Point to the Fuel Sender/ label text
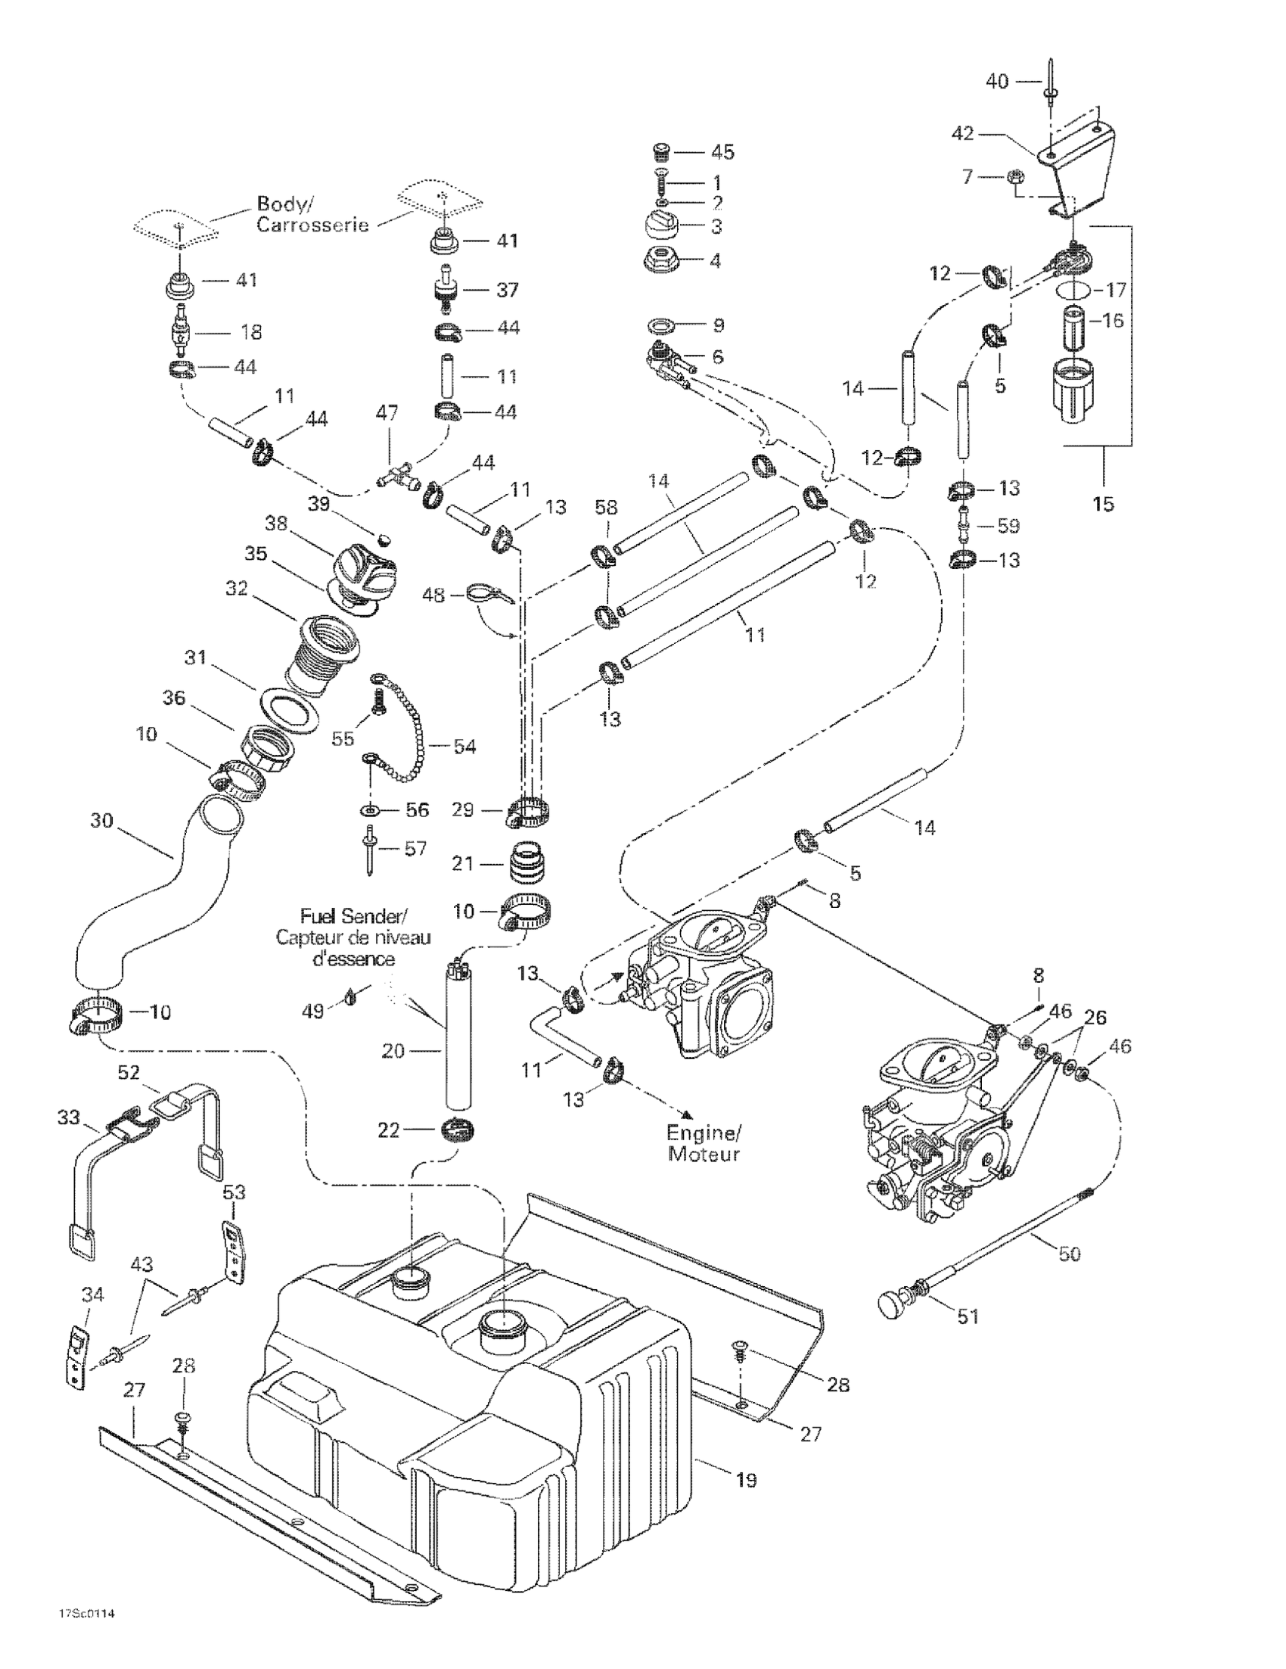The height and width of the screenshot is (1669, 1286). click(354, 915)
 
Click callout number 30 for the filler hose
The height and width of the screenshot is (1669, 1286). click(101, 821)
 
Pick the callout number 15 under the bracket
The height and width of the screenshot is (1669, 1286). click(1104, 504)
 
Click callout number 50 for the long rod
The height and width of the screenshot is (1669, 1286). click(1069, 1254)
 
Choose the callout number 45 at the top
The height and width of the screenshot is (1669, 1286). click(722, 152)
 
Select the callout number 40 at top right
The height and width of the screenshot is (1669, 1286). click(997, 81)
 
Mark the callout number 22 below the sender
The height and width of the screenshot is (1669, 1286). click(388, 1130)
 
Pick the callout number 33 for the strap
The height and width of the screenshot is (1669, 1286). click(69, 1117)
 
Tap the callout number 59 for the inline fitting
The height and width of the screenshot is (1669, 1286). click(1008, 526)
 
